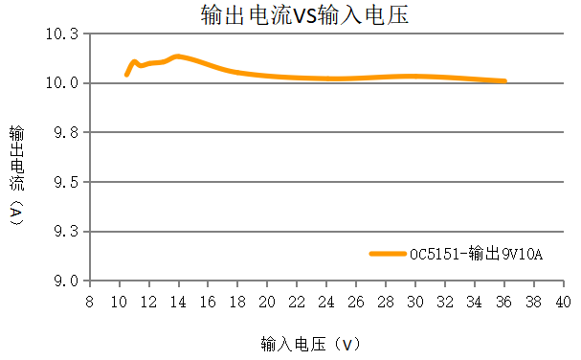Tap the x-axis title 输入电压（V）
[310, 343]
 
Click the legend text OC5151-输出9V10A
[476, 254]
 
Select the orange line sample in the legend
[388, 254]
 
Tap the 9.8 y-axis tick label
[65, 132]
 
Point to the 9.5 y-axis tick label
[65, 182]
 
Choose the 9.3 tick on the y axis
[65, 232]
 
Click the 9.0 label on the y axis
[65, 281]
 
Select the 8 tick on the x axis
[89, 302]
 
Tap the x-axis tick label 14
[178, 302]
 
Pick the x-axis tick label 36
[503, 302]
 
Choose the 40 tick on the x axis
[563, 302]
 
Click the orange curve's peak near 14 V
[177, 56]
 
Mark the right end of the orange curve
[503, 81]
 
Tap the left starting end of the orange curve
[126, 74]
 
